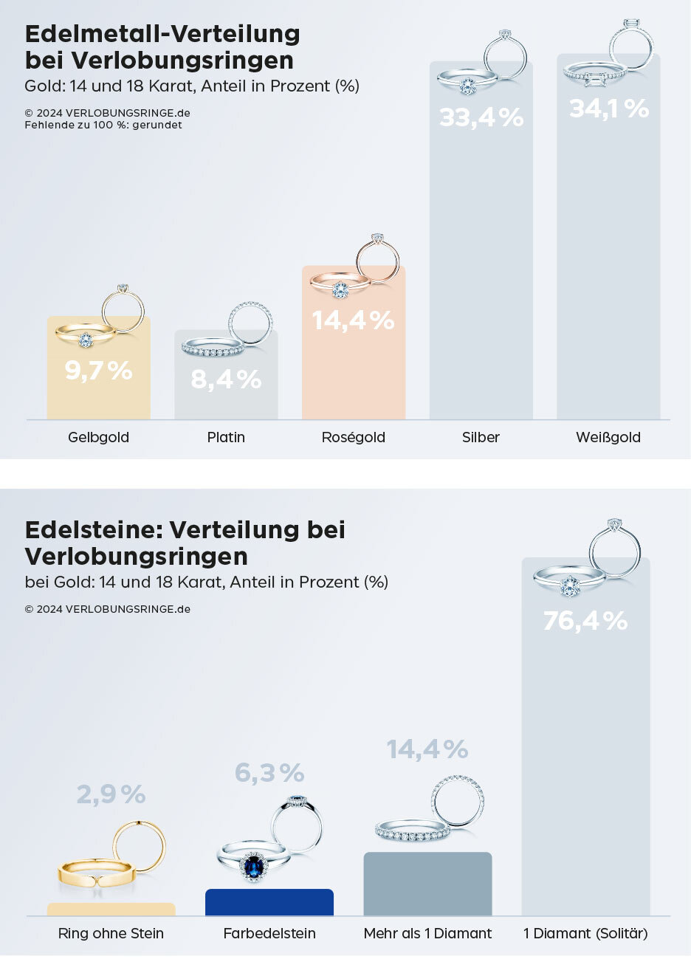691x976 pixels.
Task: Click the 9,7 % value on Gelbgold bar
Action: point(98,371)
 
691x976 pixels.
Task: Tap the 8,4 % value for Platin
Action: point(226,379)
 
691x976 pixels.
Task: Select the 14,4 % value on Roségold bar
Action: point(353,320)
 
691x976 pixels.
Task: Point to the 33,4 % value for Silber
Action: point(481,117)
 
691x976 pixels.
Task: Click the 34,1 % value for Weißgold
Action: point(609,109)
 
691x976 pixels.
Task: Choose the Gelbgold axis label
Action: point(98,437)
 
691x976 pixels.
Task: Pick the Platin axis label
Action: point(226,437)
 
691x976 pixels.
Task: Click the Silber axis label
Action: point(481,437)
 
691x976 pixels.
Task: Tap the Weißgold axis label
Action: point(608,437)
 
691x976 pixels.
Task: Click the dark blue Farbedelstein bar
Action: point(269,903)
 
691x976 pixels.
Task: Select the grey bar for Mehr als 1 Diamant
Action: point(427,884)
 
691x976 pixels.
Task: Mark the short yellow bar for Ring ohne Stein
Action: point(111,910)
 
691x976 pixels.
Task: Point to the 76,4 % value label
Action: point(585,621)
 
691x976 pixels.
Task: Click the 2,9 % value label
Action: point(111,794)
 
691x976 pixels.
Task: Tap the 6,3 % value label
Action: point(269,773)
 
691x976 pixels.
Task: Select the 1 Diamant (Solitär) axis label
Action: point(585,933)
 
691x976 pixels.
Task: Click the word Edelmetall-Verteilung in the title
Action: point(162,34)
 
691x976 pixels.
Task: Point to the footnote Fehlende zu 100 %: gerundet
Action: point(103,125)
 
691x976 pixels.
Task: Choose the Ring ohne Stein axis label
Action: point(111,933)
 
